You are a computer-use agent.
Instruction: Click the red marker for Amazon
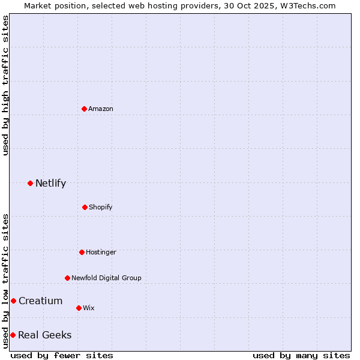(84, 109)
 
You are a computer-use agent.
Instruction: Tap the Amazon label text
(101, 109)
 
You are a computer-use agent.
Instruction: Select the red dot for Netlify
(30, 183)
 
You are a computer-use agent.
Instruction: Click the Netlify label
(50, 184)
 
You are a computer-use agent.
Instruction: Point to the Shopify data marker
(85, 207)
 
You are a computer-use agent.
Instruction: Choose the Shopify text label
(101, 207)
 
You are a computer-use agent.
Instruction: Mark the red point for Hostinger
(82, 252)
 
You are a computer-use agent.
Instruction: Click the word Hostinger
(101, 252)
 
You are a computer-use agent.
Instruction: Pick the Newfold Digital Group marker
(67, 278)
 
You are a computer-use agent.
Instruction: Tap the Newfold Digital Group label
(106, 278)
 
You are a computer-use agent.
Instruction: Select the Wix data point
(79, 308)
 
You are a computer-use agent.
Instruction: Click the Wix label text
(89, 308)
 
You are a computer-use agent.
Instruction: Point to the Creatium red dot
(13, 301)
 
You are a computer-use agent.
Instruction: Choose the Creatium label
(40, 301)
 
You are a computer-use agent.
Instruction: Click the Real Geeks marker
(13, 335)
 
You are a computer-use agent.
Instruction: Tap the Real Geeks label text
(44, 335)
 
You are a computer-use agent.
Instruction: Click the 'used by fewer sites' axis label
(62, 355)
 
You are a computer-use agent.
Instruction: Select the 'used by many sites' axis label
(301, 355)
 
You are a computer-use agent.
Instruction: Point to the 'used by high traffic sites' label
(5, 85)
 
